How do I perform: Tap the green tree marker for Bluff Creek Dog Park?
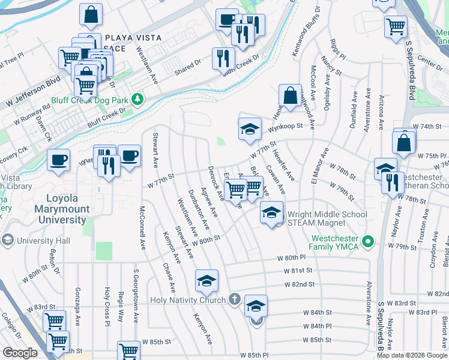point(138,98)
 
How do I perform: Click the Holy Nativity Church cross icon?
point(234,299)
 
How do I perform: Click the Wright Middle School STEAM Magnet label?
point(327,218)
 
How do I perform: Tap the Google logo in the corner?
point(20,353)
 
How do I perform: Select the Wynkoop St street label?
point(283,127)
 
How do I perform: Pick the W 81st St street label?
point(299,271)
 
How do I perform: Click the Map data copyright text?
point(412,355)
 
